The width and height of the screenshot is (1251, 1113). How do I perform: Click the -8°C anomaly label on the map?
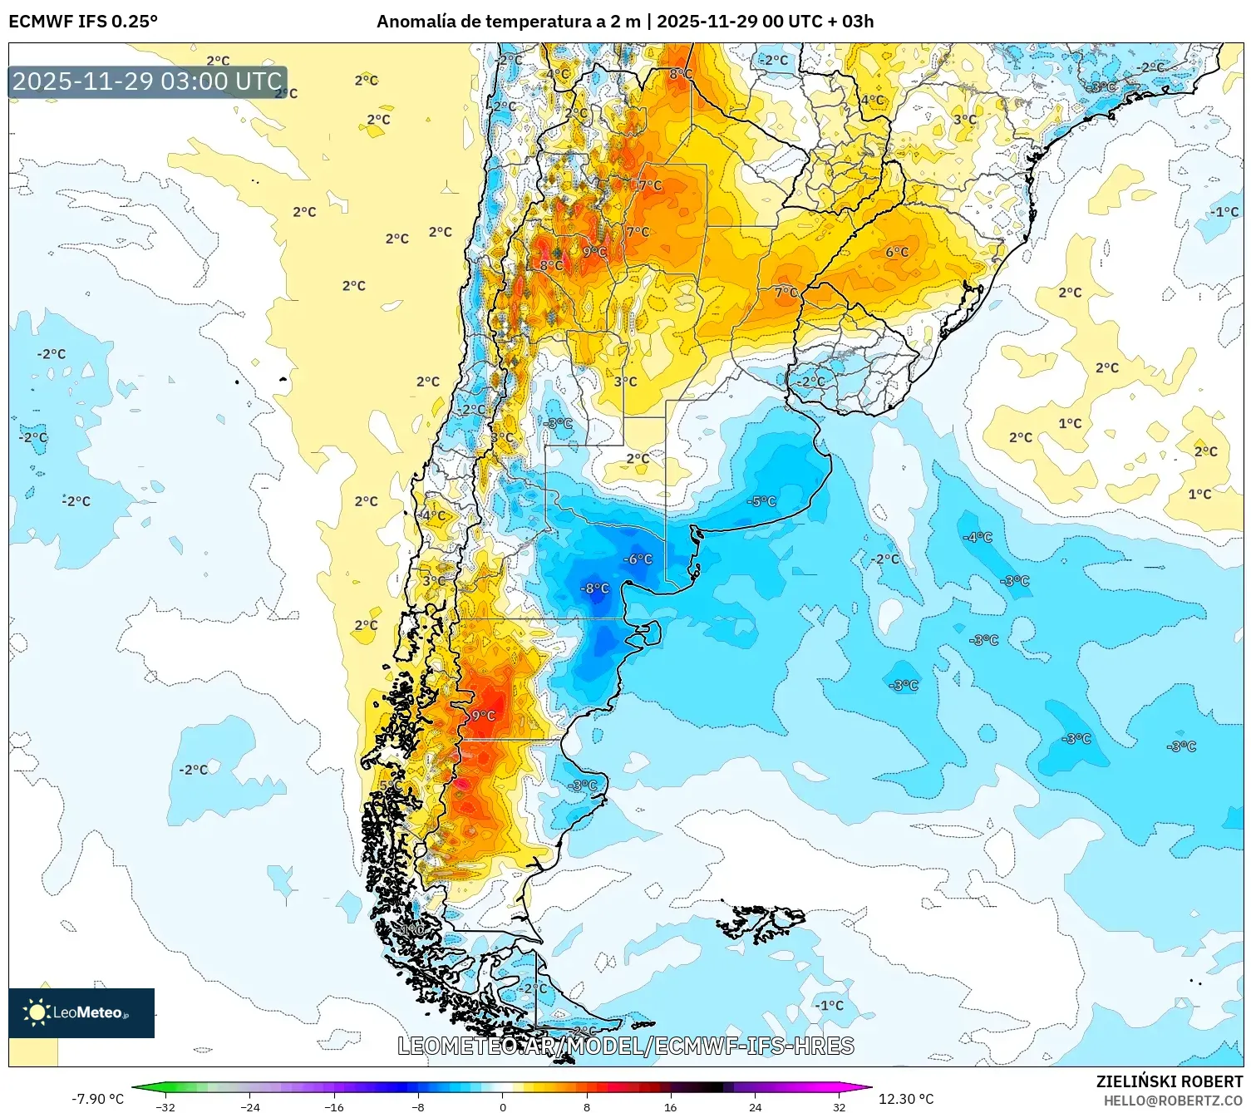pyautogui.click(x=594, y=589)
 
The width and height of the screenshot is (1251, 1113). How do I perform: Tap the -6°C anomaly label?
pyautogui.click(x=638, y=559)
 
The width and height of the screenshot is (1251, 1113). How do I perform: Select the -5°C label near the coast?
pyautogui.click(x=761, y=501)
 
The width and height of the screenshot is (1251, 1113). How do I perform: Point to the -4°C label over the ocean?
pyautogui.click(x=978, y=538)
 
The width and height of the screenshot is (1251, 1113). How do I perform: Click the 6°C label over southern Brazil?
pyautogui.click(x=897, y=252)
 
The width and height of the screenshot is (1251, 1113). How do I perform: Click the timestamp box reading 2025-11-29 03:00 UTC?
pyautogui.click(x=148, y=81)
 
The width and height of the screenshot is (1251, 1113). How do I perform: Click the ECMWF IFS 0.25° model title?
pyautogui.click(x=83, y=22)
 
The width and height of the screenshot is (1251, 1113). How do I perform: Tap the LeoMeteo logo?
pyautogui.click(x=81, y=1012)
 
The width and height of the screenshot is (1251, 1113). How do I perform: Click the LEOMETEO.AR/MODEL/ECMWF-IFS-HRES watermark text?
pyautogui.click(x=626, y=1047)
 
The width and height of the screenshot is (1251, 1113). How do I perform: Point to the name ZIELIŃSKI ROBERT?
pyautogui.click(x=1170, y=1081)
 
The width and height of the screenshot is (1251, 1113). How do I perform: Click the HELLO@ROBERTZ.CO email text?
pyautogui.click(x=1173, y=1101)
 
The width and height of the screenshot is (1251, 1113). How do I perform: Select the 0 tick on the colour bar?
pyautogui.click(x=503, y=1106)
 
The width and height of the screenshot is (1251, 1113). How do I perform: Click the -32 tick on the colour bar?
pyautogui.click(x=166, y=1106)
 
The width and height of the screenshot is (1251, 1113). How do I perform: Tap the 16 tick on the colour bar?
pyautogui.click(x=671, y=1106)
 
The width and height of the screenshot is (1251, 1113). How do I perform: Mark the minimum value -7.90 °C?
pyautogui.click(x=97, y=1099)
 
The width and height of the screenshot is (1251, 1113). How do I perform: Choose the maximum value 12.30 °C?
pyautogui.click(x=906, y=1099)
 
